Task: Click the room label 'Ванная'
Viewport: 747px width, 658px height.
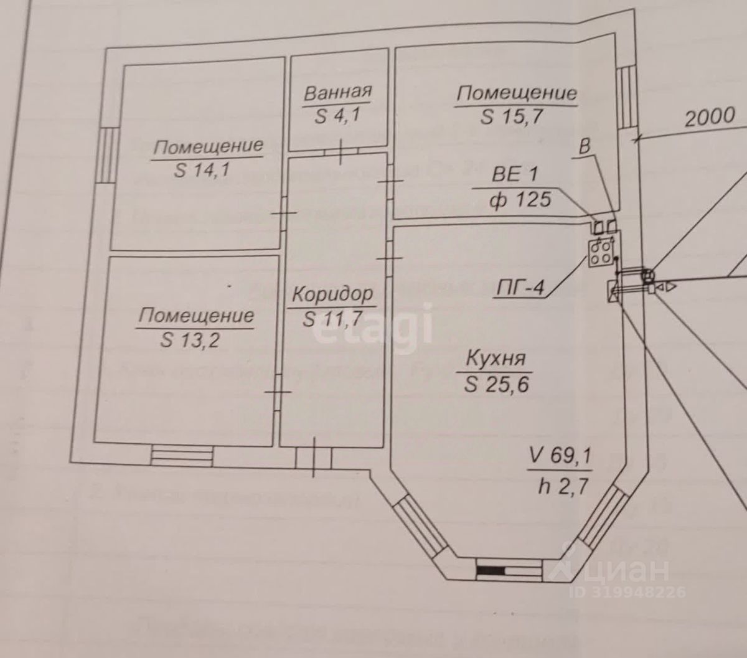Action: tap(337, 93)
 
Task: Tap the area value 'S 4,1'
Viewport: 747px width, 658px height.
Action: tap(338, 116)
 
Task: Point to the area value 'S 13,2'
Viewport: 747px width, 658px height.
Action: tap(190, 340)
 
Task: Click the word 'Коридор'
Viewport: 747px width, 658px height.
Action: tap(333, 293)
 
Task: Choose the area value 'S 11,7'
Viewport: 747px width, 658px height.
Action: tap(333, 319)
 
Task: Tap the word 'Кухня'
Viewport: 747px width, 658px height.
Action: tap(496, 359)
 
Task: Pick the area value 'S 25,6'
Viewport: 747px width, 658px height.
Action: tap(496, 384)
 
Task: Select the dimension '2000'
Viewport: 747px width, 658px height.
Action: tap(710, 116)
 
